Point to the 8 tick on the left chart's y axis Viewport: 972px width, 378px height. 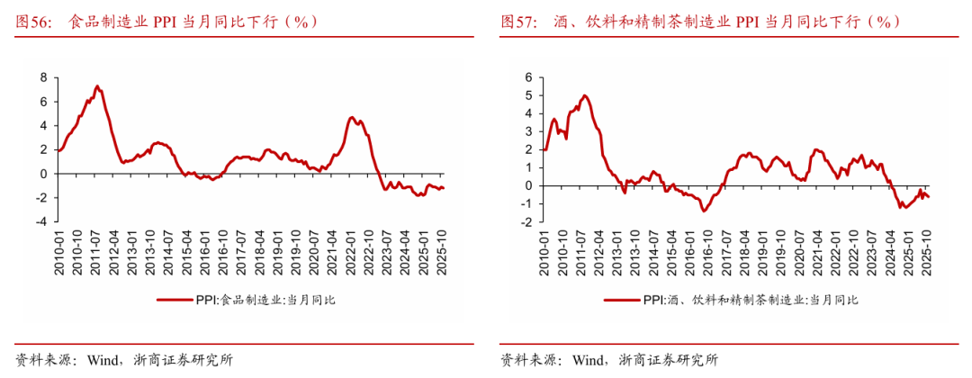[42, 77]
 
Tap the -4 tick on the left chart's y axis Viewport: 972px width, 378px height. [39, 221]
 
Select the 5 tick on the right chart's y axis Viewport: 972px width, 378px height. [530, 95]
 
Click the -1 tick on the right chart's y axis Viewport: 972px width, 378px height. [527, 203]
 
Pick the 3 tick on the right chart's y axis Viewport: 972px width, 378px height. [530, 131]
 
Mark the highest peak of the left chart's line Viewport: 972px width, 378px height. [96, 86]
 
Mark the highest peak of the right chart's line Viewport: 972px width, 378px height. [584, 95]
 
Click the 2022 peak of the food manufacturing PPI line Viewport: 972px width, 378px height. [352, 118]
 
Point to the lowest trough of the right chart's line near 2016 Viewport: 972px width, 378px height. [704, 210]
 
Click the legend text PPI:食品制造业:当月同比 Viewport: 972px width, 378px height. [265, 300]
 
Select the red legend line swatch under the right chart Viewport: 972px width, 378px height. [621, 300]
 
